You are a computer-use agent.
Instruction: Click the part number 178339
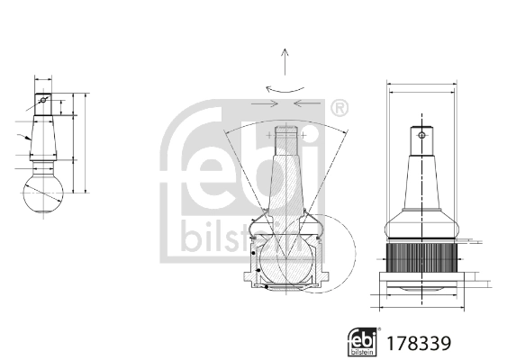click(417, 343)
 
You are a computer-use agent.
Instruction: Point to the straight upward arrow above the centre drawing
click(284, 63)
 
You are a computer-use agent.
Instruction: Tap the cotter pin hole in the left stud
click(42, 99)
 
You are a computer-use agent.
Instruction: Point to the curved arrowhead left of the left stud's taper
click(28, 138)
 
